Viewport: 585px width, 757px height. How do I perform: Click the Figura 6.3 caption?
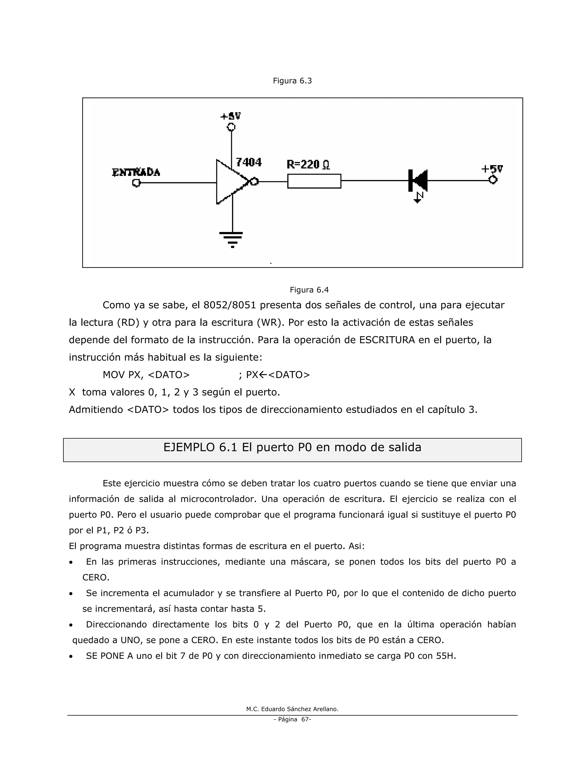point(292,81)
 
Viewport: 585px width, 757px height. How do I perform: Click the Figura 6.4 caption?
point(309,290)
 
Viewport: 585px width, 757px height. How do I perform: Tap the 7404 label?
point(249,162)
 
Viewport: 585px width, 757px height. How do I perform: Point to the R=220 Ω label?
point(308,164)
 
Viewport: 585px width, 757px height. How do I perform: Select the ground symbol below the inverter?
point(231,239)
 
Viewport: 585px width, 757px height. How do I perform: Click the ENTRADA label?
point(136,172)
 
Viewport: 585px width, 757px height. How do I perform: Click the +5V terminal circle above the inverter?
point(231,127)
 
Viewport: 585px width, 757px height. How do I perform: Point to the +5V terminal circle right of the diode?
point(492,180)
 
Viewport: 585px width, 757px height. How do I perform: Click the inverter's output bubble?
point(255,181)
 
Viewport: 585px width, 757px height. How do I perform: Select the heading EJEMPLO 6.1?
point(292,447)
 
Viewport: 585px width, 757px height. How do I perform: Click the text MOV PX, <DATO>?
point(146,375)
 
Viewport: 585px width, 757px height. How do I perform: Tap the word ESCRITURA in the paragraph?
point(387,340)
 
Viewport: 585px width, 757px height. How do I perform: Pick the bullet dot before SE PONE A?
point(71,656)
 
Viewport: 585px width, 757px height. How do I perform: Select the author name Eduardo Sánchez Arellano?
point(299,709)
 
